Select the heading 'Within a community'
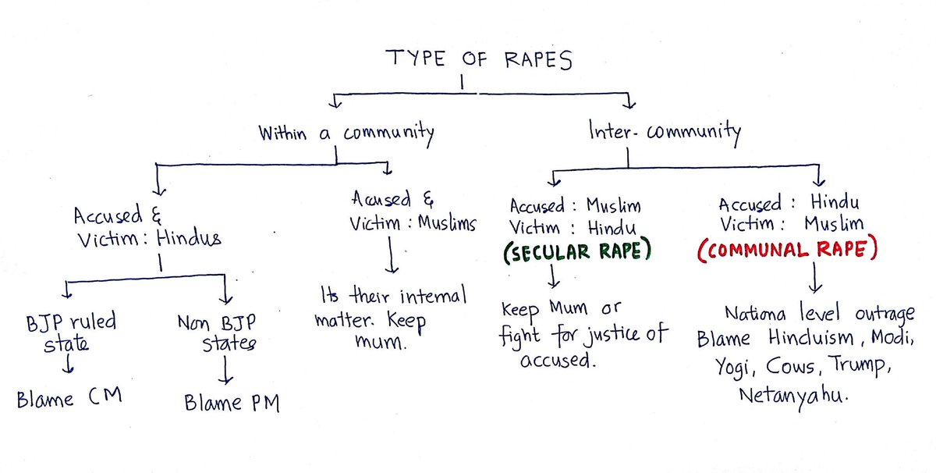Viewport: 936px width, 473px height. coord(346,133)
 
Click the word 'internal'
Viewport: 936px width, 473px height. coord(426,297)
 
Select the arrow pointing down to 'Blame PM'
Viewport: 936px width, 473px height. coord(225,372)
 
